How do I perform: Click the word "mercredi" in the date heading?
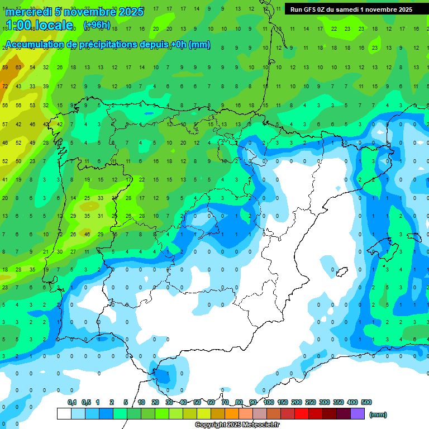point(26,11)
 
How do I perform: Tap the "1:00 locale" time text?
point(39,25)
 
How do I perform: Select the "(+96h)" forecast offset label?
point(97,25)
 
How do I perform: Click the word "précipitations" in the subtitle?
point(104,45)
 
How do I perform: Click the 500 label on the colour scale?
point(366,402)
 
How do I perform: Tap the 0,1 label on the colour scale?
point(72,402)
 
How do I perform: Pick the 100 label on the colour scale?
point(268,402)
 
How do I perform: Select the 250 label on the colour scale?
point(311,402)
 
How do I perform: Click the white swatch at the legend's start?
point(64,413)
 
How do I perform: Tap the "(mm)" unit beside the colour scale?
point(378,414)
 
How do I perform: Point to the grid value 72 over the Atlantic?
point(5,86)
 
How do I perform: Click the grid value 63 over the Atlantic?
point(18,68)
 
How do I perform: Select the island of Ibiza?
point(339,272)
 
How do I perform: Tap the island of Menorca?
point(413,237)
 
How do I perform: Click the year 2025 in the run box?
point(402,9)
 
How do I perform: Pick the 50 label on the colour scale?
point(198,402)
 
